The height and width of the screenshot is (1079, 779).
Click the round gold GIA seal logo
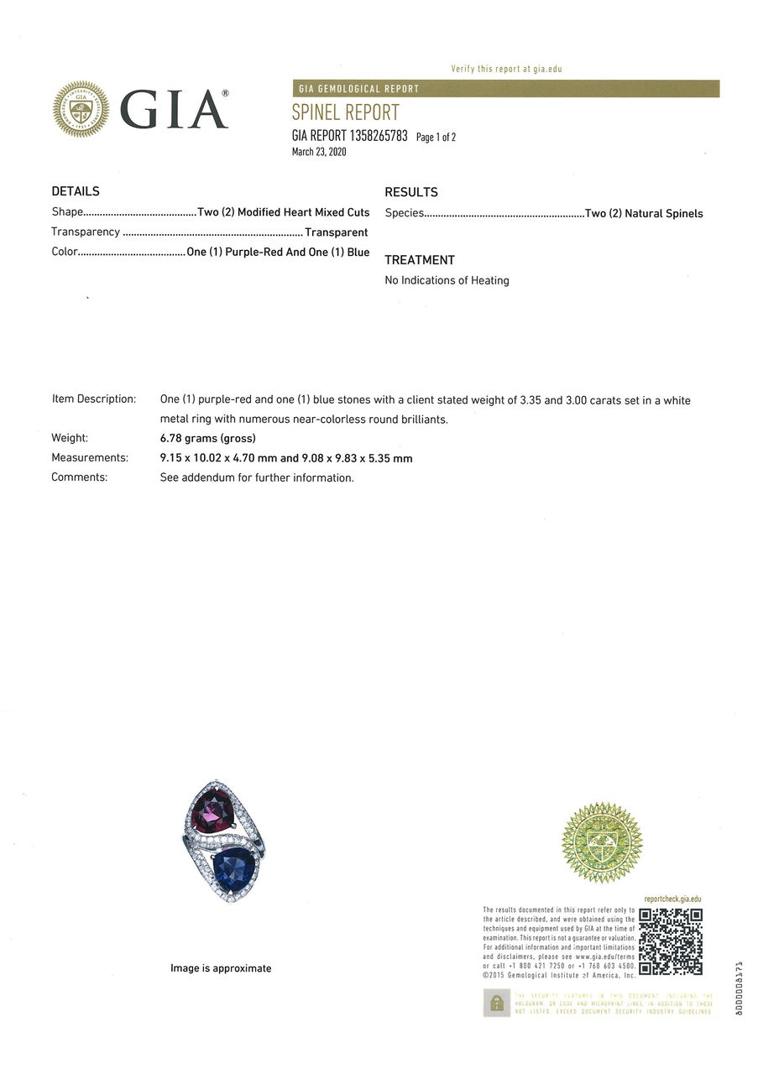click(x=81, y=109)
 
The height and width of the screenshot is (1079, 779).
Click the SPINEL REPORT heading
click(x=345, y=112)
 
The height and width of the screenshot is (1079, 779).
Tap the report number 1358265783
click(x=375, y=136)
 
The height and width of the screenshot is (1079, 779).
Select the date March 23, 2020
click(x=319, y=152)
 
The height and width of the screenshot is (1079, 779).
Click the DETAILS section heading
click(x=76, y=191)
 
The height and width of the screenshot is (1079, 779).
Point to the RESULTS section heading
click(x=411, y=192)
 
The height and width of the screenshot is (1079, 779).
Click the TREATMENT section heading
click(x=420, y=260)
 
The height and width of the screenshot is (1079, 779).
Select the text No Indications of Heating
click(x=447, y=280)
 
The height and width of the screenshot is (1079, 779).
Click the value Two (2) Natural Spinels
click(x=644, y=213)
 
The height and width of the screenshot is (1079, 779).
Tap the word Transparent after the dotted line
click(x=337, y=232)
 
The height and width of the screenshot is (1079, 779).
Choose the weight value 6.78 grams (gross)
click(x=207, y=438)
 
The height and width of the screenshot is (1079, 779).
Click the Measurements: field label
click(x=90, y=458)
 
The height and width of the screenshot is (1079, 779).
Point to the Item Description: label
click(x=93, y=399)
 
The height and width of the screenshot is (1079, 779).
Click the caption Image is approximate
click(x=221, y=968)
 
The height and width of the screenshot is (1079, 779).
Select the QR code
click(x=671, y=941)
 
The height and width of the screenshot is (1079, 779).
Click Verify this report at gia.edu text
click(x=506, y=69)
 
